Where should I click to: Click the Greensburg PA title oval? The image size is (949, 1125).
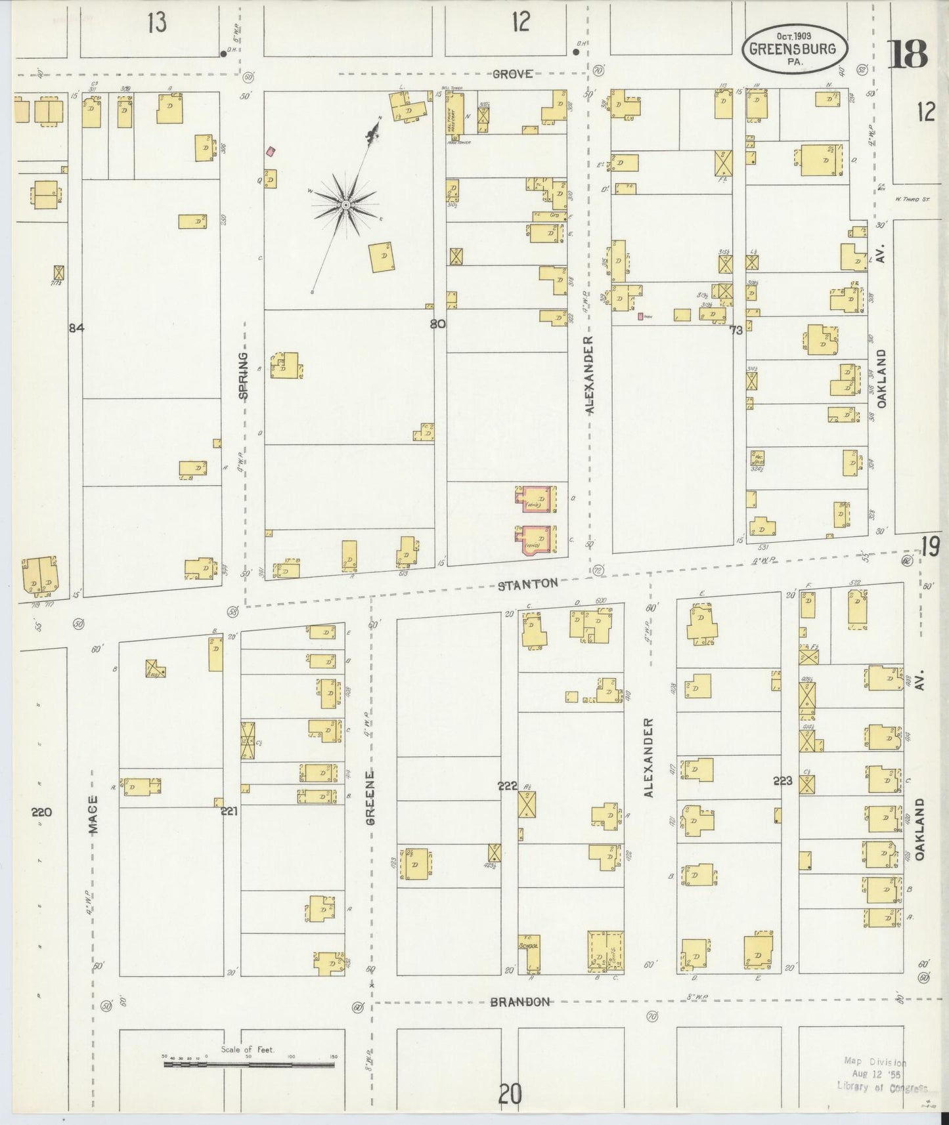(x=795, y=49)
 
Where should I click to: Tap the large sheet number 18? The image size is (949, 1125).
(x=909, y=54)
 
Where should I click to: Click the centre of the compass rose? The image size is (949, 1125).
(x=345, y=205)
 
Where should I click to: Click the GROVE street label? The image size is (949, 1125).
(x=513, y=74)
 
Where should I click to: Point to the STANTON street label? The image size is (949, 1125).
(x=527, y=583)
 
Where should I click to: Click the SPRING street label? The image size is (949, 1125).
(x=244, y=376)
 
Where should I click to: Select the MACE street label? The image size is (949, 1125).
(x=94, y=815)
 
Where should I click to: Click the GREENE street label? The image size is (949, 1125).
(x=371, y=797)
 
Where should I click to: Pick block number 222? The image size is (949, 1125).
(x=508, y=786)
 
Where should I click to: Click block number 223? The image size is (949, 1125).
(x=783, y=781)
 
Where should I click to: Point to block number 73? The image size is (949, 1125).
(x=736, y=330)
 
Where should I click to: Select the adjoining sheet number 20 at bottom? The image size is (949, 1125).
(x=510, y=1093)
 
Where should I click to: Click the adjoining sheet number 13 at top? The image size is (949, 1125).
(x=157, y=22)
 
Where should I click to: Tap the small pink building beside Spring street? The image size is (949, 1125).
(x=270, y=152)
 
